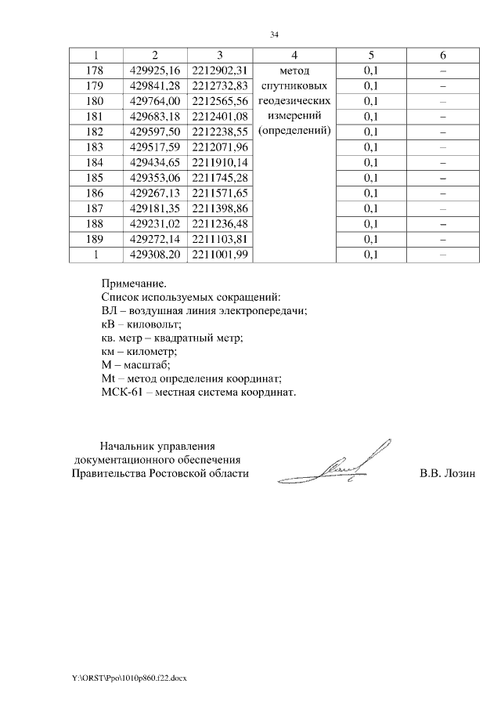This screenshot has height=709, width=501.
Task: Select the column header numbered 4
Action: click(294, 55)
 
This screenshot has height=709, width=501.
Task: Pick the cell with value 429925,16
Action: click(155, 71)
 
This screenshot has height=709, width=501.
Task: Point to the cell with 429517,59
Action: click(155, 147)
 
